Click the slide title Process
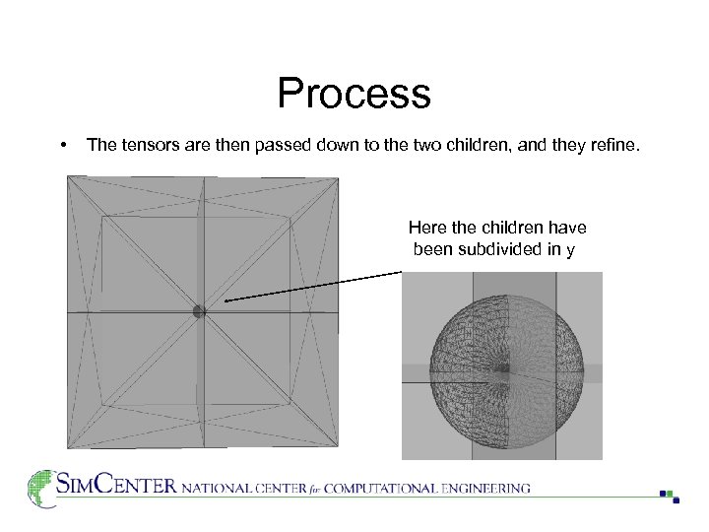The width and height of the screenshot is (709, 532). click(354, 95)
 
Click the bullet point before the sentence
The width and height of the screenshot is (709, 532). click(63, 145)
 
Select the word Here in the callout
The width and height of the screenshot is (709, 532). click(427, 229)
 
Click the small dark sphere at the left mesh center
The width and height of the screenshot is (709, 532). click(199, 311)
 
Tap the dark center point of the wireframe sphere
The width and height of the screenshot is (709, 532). click(503, 369)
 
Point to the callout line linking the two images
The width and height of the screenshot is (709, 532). click(315, 286)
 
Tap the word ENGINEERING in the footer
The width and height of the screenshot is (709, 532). click(484, 488)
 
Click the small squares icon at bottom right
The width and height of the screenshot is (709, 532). click(670, 496)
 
